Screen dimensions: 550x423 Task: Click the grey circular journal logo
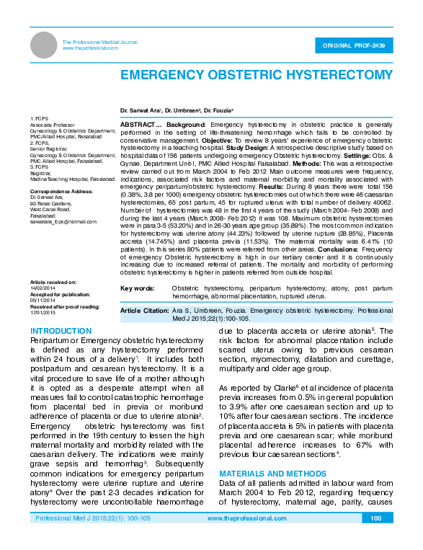click(44, 45)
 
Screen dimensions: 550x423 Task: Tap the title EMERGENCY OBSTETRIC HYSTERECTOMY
click(256, 75)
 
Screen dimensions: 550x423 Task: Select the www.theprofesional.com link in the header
click(90, 48)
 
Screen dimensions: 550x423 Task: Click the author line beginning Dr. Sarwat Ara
click(177, 110)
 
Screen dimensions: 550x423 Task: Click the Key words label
click(137, 288)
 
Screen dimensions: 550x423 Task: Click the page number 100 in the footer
click(375, 538)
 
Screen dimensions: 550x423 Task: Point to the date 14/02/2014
click(41, 287)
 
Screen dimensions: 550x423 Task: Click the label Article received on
click(53, 281)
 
